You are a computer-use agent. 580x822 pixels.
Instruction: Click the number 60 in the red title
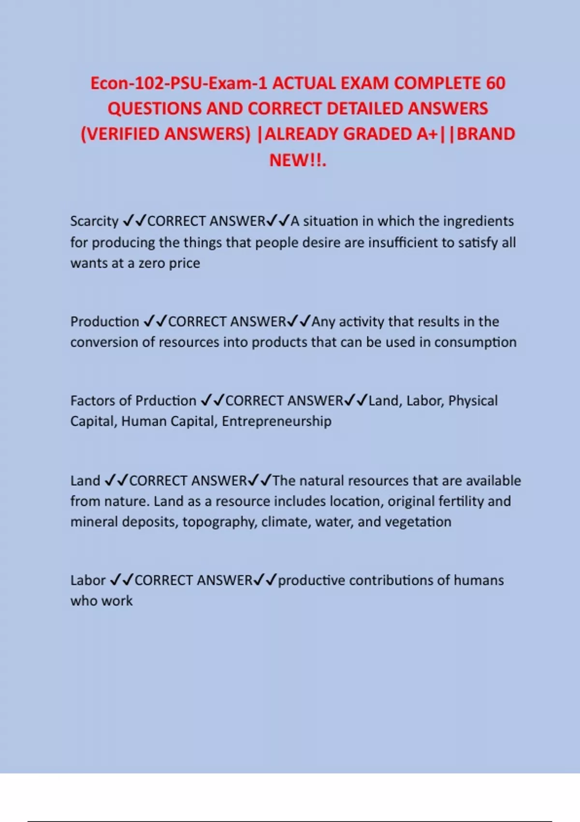(495, 83)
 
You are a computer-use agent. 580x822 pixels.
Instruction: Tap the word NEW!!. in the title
(298, 160)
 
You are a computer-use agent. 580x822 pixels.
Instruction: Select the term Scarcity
(94, 221)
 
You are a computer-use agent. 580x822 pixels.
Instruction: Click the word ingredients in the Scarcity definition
(478, 221)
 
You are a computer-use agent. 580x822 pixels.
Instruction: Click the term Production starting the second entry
(104, 322)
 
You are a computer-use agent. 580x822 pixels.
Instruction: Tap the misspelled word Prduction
(165, 401)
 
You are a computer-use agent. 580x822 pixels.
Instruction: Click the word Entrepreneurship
(276, 421)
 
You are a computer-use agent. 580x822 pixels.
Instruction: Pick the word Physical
(473, 401)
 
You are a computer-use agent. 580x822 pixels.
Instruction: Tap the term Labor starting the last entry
(88, 580)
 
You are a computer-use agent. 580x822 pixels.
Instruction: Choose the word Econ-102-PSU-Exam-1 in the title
(178, 83)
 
